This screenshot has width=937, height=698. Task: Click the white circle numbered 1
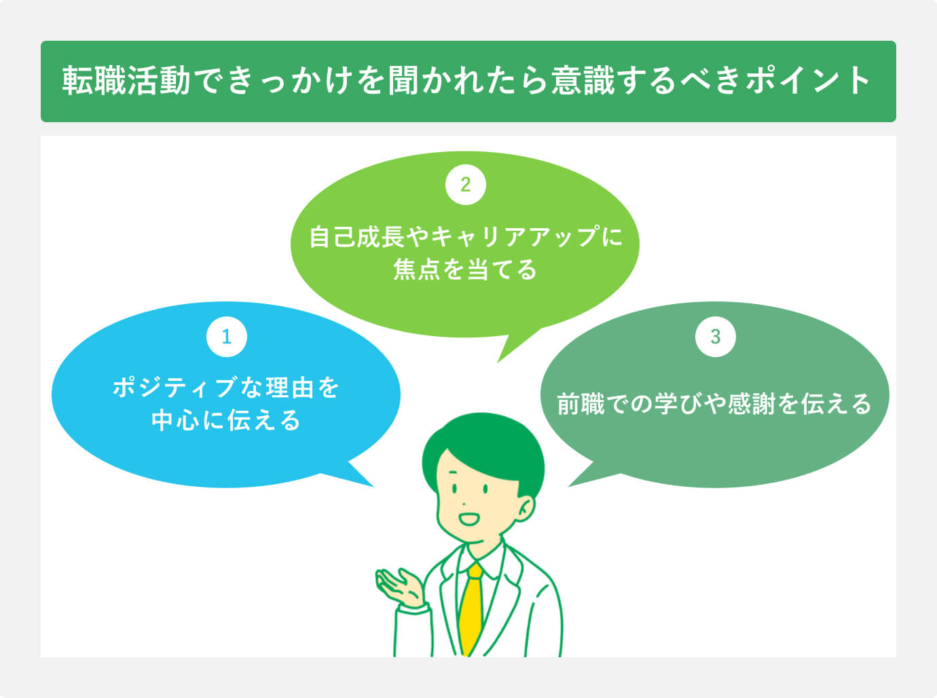227,336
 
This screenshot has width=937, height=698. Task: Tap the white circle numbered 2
465,185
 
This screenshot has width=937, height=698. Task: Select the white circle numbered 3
715,336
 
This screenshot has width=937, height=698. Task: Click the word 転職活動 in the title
126,81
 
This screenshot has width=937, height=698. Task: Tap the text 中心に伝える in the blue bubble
226,420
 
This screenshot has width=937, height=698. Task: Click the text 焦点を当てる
465,270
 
